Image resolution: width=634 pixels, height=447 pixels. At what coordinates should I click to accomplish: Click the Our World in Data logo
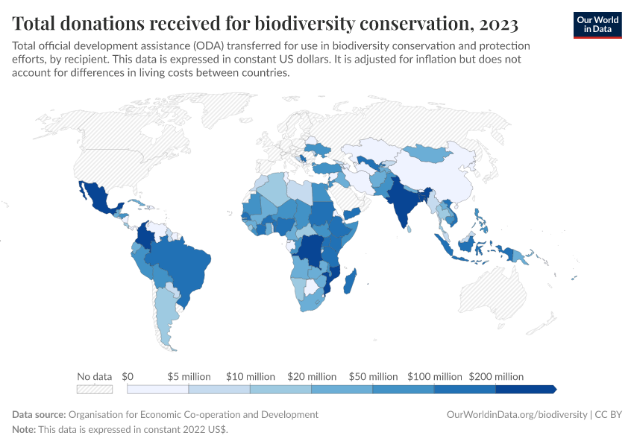pos(597,25)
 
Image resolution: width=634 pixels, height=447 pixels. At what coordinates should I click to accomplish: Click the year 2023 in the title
pos(494,24)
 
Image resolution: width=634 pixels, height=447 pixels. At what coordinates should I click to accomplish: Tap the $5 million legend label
pos(189,376)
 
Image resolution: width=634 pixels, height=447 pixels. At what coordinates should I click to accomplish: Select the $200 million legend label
pos(496,376)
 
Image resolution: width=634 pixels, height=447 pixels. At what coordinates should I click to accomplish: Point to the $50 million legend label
pos(373,376)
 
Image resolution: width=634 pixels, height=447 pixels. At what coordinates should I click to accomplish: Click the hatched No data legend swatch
pos(95,389)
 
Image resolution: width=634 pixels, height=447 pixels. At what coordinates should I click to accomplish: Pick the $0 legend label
pos(128,376)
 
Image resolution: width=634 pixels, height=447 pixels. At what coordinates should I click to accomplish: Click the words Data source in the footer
pos(39,414)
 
